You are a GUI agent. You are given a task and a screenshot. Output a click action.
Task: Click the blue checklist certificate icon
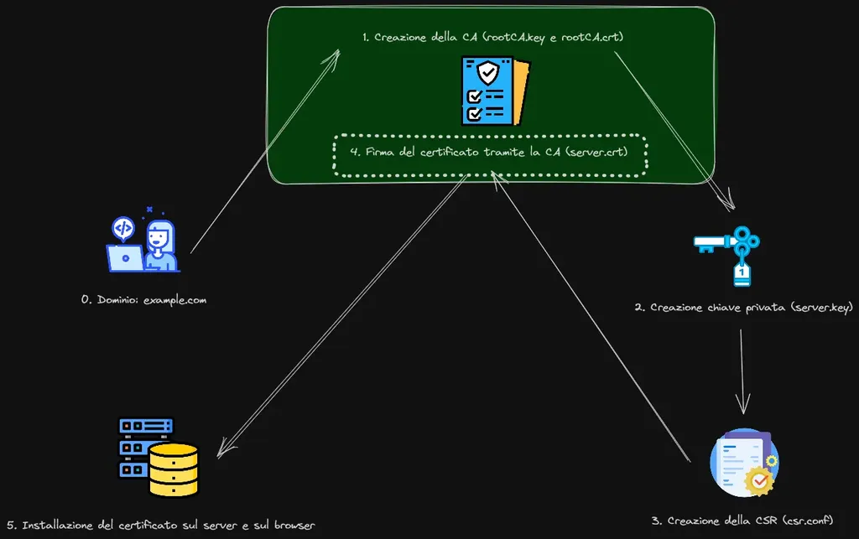click(495, 91)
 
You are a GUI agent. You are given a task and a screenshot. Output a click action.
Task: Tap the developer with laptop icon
click(143, 240)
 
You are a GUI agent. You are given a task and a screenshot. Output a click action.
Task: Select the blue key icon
click(727, 256)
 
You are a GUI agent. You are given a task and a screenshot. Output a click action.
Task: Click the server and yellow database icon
click(159, 457)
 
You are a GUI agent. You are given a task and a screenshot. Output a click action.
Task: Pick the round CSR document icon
click(745, 463)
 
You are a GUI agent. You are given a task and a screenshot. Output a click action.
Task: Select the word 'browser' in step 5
click(294, 526)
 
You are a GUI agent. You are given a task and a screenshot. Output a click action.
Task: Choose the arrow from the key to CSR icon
click(742, 371)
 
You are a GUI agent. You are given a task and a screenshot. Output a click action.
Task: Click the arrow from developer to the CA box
click(265, 152)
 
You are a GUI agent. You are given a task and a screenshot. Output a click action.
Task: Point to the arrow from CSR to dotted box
click(591, 317)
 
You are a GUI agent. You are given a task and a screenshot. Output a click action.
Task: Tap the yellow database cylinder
click(174, 470)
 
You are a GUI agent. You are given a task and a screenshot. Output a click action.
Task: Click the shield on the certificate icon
click(487, 72)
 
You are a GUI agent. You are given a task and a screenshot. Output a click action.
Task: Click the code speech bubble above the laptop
click(122, 229)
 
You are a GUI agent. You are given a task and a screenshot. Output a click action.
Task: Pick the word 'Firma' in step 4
click(380, 152)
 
